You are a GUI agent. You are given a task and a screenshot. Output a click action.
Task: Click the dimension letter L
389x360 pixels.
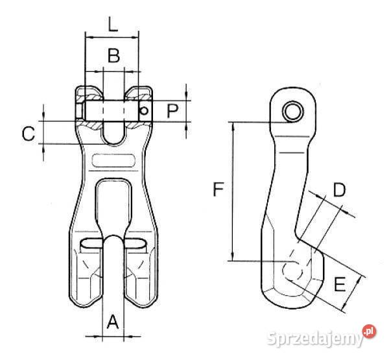click(x=113, y=24)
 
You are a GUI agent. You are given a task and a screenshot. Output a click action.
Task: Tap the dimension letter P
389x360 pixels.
click(x=172, y=111)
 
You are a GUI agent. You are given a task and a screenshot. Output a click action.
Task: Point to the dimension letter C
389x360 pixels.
click(x=29, y=134)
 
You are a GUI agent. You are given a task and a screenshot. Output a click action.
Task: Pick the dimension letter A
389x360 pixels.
click(x=113, y=322)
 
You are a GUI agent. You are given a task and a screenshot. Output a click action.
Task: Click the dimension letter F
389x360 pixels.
click(x=218, y=189)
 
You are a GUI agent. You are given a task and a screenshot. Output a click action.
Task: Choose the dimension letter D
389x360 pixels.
click(x=339, y=189)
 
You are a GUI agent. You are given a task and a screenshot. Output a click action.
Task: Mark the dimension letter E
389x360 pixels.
click(x=340, y=284)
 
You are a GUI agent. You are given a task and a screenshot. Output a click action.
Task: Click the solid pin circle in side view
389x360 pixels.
click(x=294, y=111)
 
